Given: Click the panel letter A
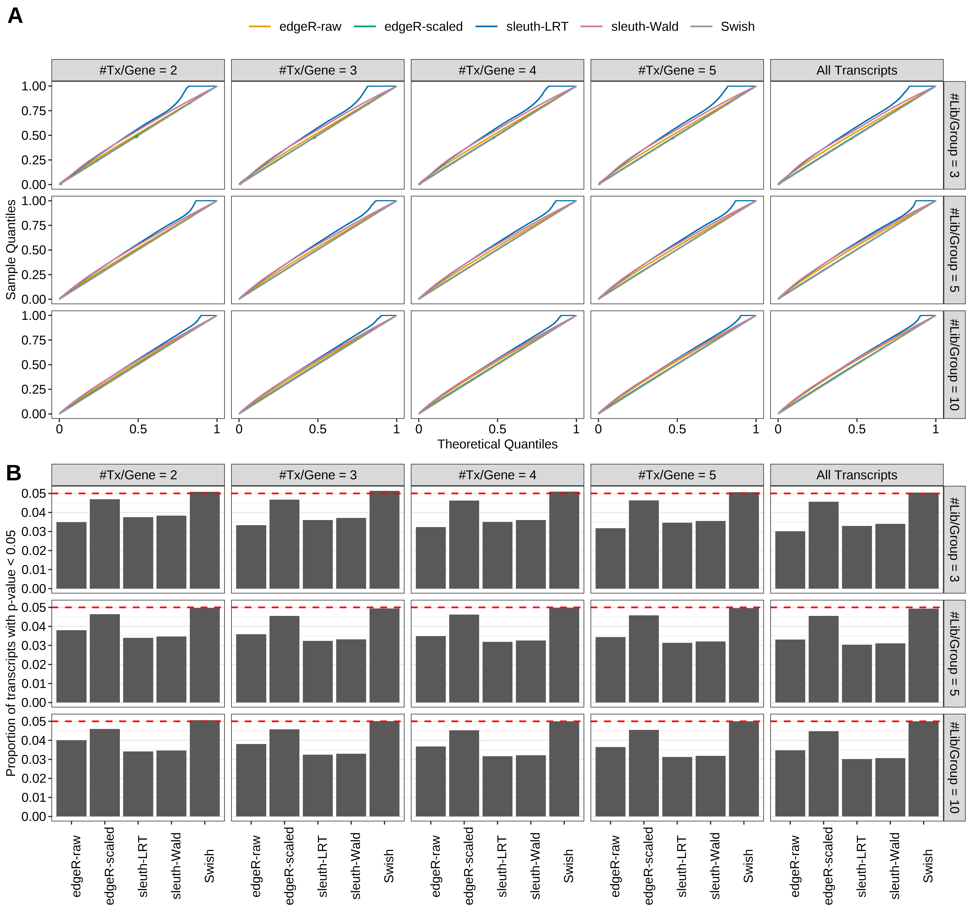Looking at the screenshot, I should [15, 16].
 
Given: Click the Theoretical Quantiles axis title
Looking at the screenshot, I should [497, 444].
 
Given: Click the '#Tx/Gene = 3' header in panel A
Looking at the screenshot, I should [318, 70].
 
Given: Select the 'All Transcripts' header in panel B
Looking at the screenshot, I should [857, 475].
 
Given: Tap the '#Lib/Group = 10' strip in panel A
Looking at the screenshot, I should [954, 364].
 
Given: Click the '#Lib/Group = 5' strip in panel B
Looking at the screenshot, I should [954, 653].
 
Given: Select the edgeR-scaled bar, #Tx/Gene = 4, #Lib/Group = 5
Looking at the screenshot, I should [464, 658].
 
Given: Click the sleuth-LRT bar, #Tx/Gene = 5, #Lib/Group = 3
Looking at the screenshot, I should [677, 555].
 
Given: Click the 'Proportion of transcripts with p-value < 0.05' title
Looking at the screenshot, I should [11, 653].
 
